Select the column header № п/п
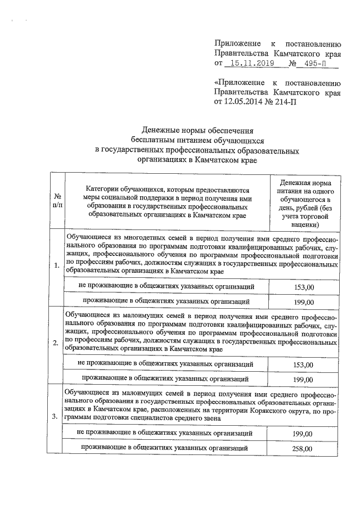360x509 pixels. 57,202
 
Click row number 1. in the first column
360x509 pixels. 57,266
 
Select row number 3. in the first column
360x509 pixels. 57,417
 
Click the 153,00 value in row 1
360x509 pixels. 304,287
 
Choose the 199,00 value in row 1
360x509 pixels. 304,302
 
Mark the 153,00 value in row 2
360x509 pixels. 304,364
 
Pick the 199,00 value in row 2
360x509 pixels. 304,380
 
